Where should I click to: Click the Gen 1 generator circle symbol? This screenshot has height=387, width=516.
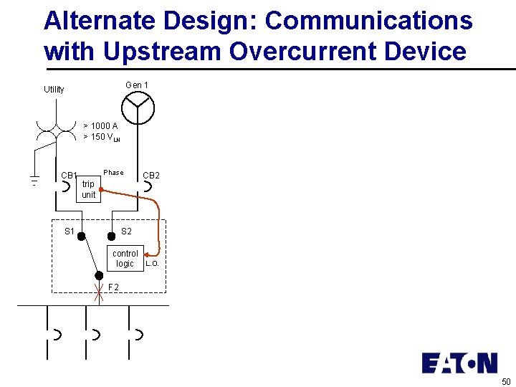138,108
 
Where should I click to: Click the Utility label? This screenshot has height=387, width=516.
54,90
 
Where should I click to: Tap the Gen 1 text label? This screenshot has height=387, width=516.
137,85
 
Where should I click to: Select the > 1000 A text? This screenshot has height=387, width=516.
100,126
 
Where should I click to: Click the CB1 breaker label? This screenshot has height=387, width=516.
69,176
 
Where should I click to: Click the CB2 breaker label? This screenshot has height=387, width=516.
151,176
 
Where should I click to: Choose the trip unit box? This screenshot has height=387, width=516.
88,189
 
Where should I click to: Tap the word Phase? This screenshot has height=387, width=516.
113,173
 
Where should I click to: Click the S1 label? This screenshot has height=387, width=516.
70,231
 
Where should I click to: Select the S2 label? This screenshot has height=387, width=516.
126,231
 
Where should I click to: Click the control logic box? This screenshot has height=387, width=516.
125,259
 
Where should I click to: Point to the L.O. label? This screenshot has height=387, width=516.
152,264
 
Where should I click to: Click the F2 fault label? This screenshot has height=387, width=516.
113,288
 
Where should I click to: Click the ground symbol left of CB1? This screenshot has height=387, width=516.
33,179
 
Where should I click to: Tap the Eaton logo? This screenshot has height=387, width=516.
459,363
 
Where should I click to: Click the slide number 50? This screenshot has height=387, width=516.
506,381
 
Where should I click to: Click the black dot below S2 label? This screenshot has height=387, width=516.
111,235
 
